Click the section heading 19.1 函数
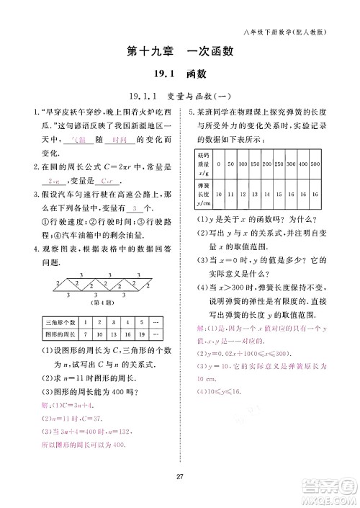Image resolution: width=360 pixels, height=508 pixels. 180,73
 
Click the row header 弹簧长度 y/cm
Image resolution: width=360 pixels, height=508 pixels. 204,195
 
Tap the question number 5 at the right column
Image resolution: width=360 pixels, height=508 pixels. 191,112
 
